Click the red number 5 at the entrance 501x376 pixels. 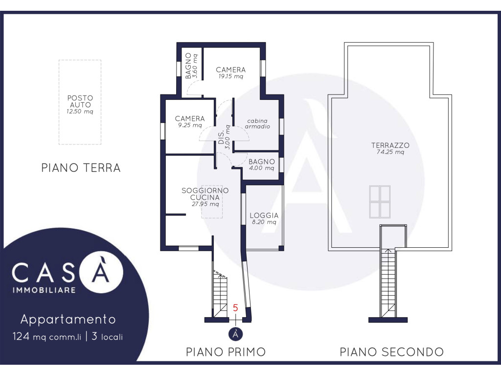pyautogui.click(x=235, y=308)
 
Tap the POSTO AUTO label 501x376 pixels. pyautogui.click(x=80, y=101)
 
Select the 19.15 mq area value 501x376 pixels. pyautogui.click(x=231, y=76)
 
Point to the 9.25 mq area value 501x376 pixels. pyautogui.click(x=190, y=125)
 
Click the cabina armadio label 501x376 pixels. pyautogui.click(x=257, y=124)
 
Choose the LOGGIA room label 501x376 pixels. pyautogui.click(x=264, y=215)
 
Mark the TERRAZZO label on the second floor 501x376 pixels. pyautogui.click(x=390, y=145)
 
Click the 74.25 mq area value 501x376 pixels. pyautogui.click(x=390, y=152)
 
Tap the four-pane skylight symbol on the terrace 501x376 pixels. pyautogui.click(x=380, y=202)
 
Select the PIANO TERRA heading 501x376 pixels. pyautogui.click(x=81, y=168)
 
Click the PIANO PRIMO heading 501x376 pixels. pyautogui.click(x=226, y=352)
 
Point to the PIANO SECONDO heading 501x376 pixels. pyautogui.click(x=391, y=352)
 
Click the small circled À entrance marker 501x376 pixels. pyautogui.click(x=235, y=334)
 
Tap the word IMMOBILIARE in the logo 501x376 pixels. pyautogui.click(x=44, y=290)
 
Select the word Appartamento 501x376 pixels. pyautogui.click(x=68, y=319)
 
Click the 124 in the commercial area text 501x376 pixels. pyautogui.click(x=21, y=336)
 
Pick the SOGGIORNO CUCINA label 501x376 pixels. pyautogui.click(x=205, y=194)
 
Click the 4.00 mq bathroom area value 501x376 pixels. pyautogui.click(x=262, y=168)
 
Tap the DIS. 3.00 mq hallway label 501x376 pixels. pyautogui.click(x=224, y=137)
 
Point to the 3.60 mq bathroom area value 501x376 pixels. pyautogui.click(x=195, y=67)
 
